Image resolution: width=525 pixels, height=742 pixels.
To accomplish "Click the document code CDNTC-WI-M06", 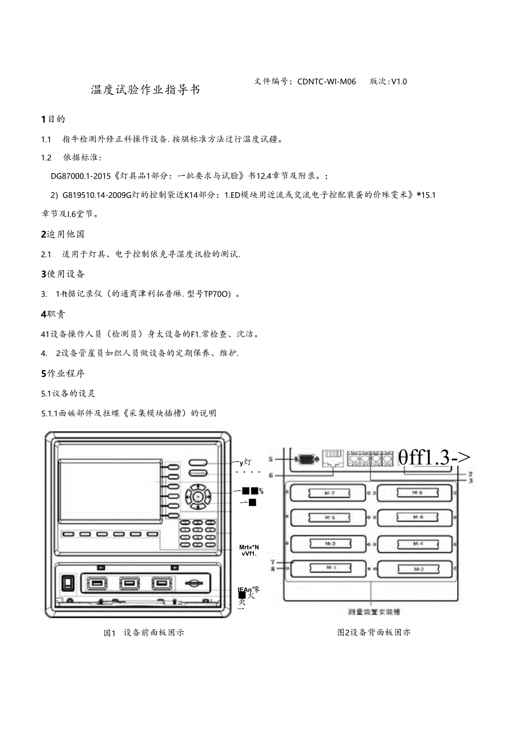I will point(326,82).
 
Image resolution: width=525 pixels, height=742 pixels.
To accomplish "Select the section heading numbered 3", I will point(63,274).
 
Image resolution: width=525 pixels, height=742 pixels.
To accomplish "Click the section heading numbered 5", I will point(63,374).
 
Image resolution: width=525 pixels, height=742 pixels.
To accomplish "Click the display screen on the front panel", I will point(109,490).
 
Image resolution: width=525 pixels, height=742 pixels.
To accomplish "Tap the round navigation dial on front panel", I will point(197,497).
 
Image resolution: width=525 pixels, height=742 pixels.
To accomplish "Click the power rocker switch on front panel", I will point(68,582).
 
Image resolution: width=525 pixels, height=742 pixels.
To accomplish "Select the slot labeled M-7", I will point(329,492).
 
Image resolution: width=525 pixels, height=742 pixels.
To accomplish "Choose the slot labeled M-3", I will point(329,544).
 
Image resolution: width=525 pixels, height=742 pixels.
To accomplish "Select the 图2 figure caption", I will point(373,632).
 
